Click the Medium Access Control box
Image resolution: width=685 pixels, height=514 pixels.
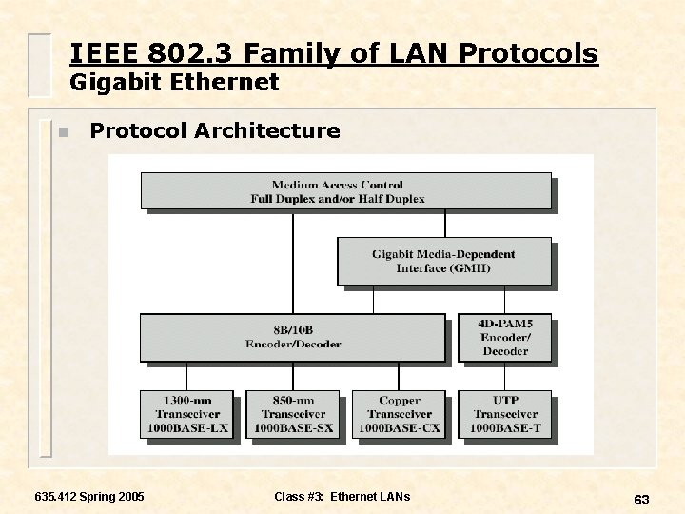click(345, 190)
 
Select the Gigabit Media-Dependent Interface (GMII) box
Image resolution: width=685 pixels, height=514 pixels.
click(444, 261)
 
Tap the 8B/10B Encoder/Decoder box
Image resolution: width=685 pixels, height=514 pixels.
click(293, 337)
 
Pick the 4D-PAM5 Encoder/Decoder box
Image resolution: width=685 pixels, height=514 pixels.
click(504, 337)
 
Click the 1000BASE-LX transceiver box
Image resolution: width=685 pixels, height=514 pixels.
click(187, 414)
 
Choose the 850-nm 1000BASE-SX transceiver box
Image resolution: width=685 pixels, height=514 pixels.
click(293, 414)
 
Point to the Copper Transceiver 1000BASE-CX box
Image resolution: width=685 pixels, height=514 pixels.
click(399, 414)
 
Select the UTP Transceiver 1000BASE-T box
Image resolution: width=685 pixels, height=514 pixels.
click(504, 414)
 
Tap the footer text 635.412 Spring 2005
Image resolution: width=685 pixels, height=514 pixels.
click(89, 496)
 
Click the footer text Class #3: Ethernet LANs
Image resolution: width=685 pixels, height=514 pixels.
click(342, 496)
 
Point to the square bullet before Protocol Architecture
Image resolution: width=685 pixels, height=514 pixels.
click(63, 132)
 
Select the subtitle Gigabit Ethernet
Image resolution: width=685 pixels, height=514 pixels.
click(175, 83)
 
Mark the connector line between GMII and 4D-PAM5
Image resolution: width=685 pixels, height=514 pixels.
click(505, 299)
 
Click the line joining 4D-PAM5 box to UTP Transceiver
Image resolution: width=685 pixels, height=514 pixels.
click(505, 376)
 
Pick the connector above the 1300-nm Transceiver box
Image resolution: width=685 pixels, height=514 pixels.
click(187, 376)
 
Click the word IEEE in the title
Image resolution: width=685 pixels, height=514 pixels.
click(98, 53)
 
